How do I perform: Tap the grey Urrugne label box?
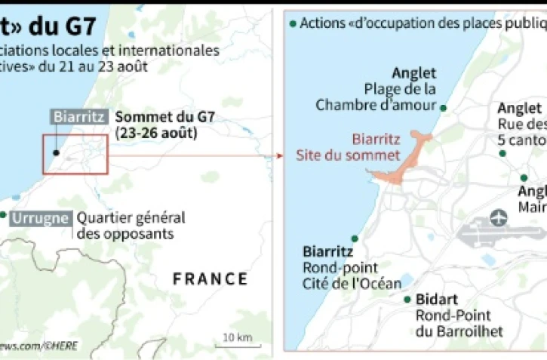pos(41,219)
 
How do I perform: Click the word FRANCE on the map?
pos(211,278)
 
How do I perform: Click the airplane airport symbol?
pos(499,219)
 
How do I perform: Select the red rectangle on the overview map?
pos(75,155)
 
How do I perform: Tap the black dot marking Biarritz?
pos(57,152)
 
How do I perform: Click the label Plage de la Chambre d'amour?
pos(376,97)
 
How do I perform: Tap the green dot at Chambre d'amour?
pos(444,109)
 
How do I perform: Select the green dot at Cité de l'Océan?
pos(355,238)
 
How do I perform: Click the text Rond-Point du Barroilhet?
pos(453,324)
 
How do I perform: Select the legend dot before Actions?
pos(292,23)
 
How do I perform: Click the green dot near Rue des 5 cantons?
pos(502,153)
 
